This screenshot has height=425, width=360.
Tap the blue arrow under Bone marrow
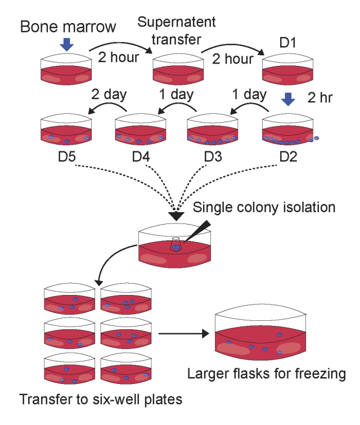click(x=67, y=44)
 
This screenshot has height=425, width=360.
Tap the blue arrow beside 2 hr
click(x=288, y=99)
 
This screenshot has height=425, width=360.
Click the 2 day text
click(x=108, y=93)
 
